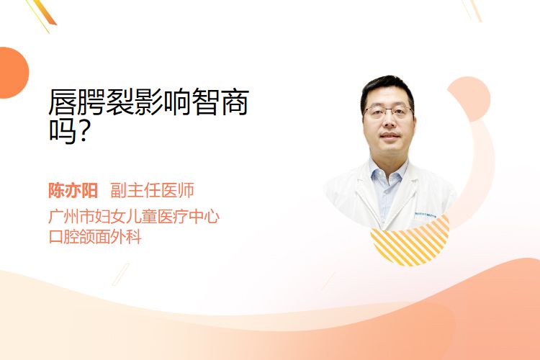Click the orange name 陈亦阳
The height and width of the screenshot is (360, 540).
[73, 191]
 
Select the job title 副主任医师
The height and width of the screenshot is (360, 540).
[152, 190]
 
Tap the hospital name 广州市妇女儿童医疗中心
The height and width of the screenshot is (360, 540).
[134, 216]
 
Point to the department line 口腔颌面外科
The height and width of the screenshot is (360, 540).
[95, 237]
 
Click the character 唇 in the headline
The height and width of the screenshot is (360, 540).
[63, 102]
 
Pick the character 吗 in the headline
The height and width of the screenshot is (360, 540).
[63, 131]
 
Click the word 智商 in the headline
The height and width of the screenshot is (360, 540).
[220, 102]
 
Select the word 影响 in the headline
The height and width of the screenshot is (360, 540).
[163, 102]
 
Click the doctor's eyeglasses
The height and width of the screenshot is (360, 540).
[389, 111]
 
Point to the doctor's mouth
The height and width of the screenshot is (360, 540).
[390, 135]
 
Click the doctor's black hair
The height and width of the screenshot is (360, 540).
[387, 89]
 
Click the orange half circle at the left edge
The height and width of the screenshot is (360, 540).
[13, 73]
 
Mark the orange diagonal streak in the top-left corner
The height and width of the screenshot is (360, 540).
[45, 13]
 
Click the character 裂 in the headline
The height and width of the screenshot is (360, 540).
[120, 102]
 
